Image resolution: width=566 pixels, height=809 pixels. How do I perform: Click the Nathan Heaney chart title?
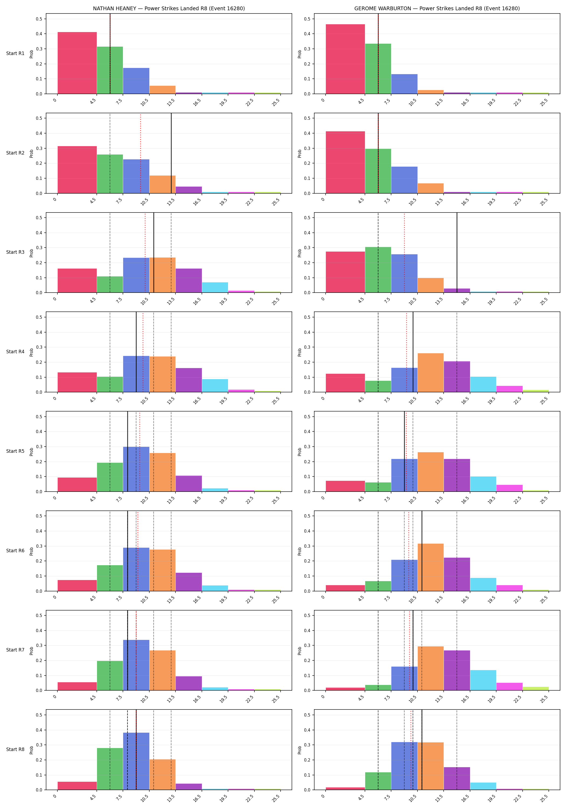click(169, 8)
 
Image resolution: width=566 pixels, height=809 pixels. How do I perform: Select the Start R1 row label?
click(15, 54)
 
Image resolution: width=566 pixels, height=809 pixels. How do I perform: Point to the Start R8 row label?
click(15, 749)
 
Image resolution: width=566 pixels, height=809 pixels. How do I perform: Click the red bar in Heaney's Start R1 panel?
click(77, 63)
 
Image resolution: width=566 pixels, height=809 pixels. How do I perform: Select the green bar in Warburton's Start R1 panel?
click(378, 69)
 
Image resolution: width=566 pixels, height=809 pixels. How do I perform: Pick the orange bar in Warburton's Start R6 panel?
click(430, 567)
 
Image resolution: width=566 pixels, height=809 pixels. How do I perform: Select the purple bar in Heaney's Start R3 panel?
click(189, 280)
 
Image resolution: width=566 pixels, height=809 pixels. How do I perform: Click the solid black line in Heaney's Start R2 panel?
click(171, 153)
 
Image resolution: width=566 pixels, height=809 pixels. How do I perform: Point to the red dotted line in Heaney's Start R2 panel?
click(140, 153)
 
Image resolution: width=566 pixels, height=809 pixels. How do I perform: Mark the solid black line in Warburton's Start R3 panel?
click(457, 253)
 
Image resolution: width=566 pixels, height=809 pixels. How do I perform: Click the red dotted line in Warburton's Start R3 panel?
click(404, 253)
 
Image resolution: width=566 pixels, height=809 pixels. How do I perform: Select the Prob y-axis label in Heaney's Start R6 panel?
click(31, 551)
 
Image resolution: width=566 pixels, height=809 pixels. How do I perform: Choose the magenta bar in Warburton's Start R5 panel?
click(509, 488)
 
